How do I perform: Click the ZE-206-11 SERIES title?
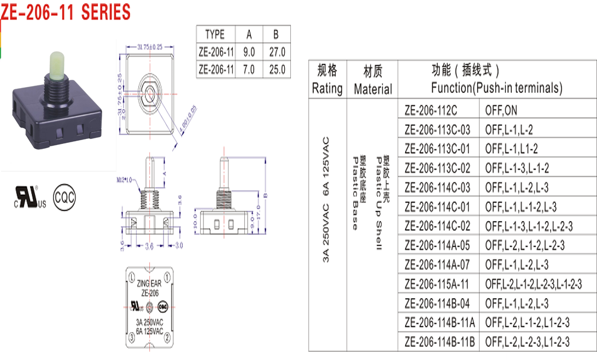click(66, 11)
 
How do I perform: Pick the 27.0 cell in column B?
click(277, 53)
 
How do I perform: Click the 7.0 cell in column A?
click(249, 70)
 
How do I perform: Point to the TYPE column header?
click(215, 34)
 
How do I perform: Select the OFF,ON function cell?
click(501, 111)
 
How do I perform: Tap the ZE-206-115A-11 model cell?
click(437, 284)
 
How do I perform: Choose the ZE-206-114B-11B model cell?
click(440, 342)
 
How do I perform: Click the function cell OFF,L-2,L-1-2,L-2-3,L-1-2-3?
click(533, 284)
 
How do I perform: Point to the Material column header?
click(373, 80)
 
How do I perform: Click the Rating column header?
click(327, 80)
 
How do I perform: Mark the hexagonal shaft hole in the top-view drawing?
click(148, 89)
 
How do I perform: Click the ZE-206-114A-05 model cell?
click(437, 245)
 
